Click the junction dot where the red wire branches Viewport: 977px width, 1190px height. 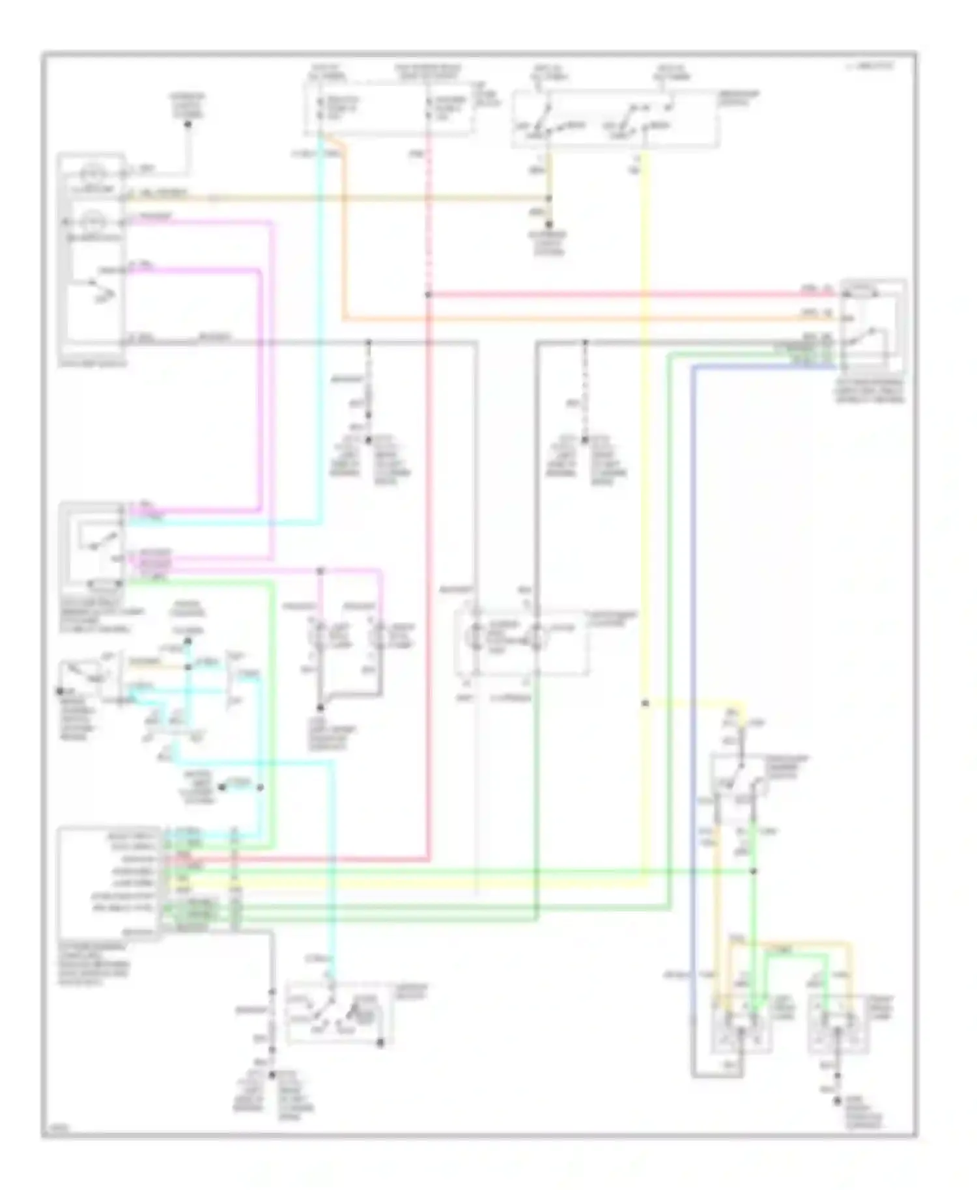click(x=428, y=295)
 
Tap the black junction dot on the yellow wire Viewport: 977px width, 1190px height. click(x=645, y=704)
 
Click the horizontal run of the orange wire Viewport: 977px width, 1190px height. click(x=586, y=319)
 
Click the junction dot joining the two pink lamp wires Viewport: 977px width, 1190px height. click(x=320, y=572)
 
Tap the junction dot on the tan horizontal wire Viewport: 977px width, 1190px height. click(x=548, y=198)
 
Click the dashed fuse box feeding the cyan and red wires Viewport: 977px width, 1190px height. click(x=389, y=109)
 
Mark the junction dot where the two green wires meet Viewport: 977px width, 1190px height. click(x=754, y=871)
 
